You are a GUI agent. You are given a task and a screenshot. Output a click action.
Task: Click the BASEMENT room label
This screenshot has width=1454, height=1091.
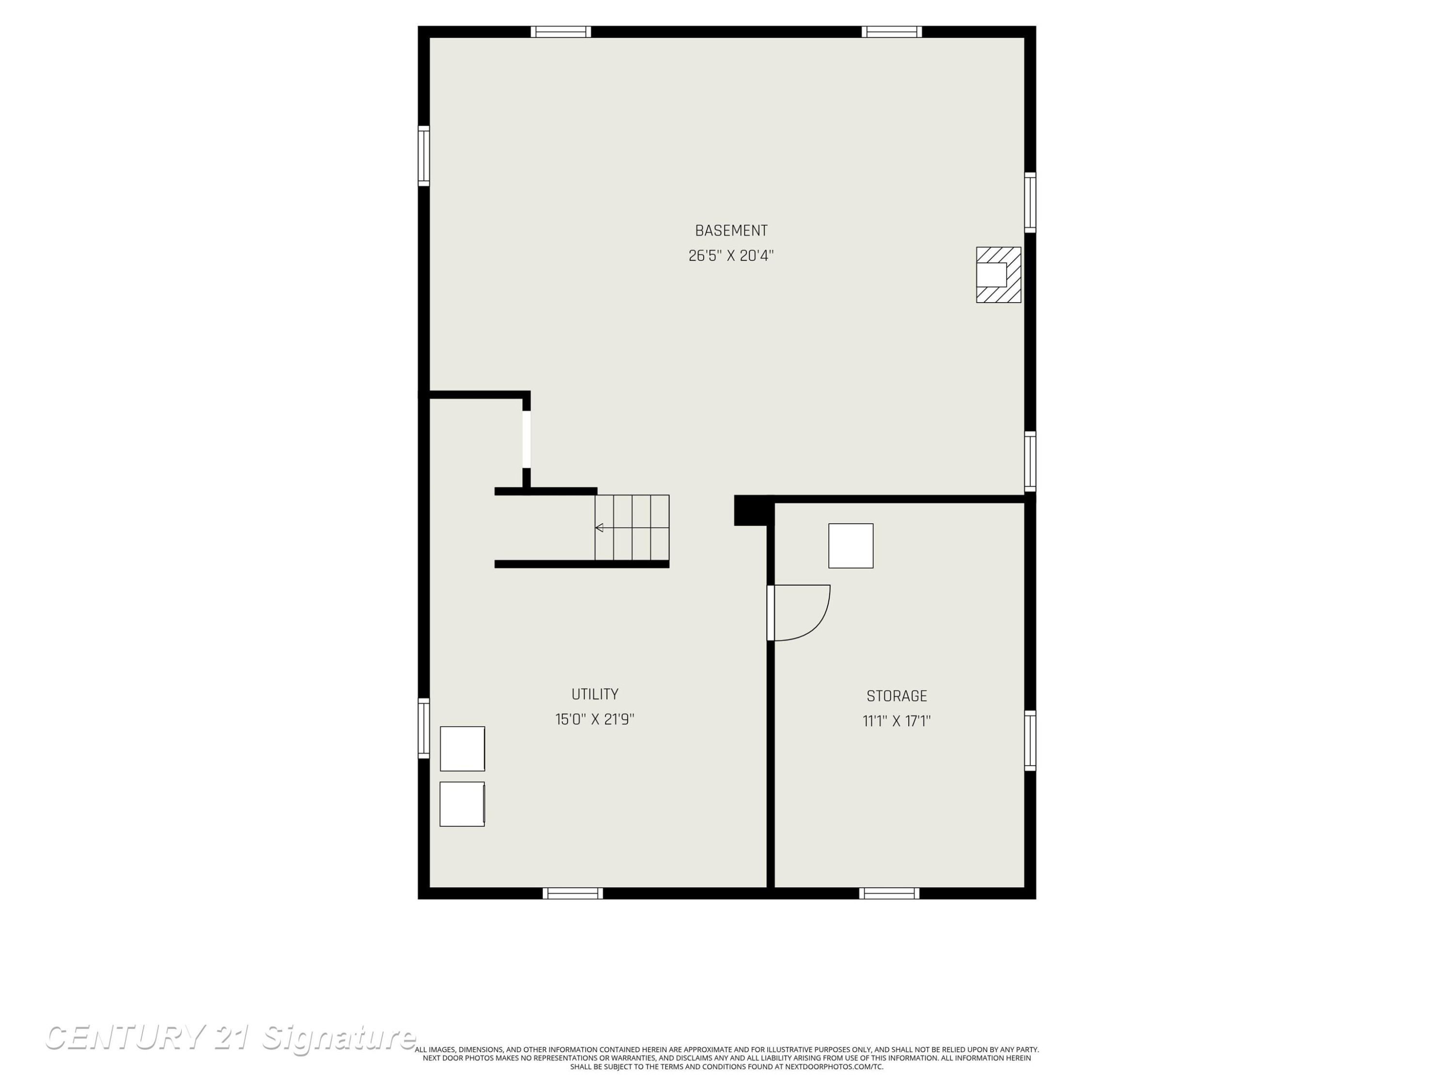coord(731,231)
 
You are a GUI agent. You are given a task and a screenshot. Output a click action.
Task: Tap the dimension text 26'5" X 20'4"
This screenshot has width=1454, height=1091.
coord(731,256)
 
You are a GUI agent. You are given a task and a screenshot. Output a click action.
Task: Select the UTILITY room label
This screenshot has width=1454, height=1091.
coord(595,694)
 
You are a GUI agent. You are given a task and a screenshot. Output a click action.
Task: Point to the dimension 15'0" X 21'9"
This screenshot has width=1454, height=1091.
coord(595,720)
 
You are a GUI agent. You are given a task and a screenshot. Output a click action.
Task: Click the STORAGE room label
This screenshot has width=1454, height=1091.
coord(897,696)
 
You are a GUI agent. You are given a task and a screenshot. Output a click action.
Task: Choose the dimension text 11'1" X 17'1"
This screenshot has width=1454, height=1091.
coord(897,722)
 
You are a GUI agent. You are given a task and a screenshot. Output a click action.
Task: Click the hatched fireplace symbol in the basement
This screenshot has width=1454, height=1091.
coord(998,275)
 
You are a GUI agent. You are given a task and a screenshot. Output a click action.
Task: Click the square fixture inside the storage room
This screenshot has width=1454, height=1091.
coord(851,546)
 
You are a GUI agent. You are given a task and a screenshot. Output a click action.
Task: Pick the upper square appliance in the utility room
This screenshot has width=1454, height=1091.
coord(462,748)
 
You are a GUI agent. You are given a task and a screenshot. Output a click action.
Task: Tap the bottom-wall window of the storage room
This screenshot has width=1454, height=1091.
coord(889,893)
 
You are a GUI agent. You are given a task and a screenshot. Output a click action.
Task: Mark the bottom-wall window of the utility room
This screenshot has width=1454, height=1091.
coord(572,893)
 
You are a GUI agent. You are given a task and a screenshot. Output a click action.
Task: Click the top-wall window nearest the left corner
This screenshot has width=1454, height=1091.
coord(561,32)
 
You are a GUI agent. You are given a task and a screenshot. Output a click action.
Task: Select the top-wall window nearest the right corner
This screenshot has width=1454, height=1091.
coord(892,32)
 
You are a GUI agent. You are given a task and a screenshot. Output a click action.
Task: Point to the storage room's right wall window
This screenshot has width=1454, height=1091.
coord(1030,740)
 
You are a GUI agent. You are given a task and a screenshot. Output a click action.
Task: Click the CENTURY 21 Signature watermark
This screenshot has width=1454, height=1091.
coord(230,1037)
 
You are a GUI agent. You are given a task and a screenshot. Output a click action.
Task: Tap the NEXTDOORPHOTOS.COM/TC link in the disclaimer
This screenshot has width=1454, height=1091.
coord(834,1067)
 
